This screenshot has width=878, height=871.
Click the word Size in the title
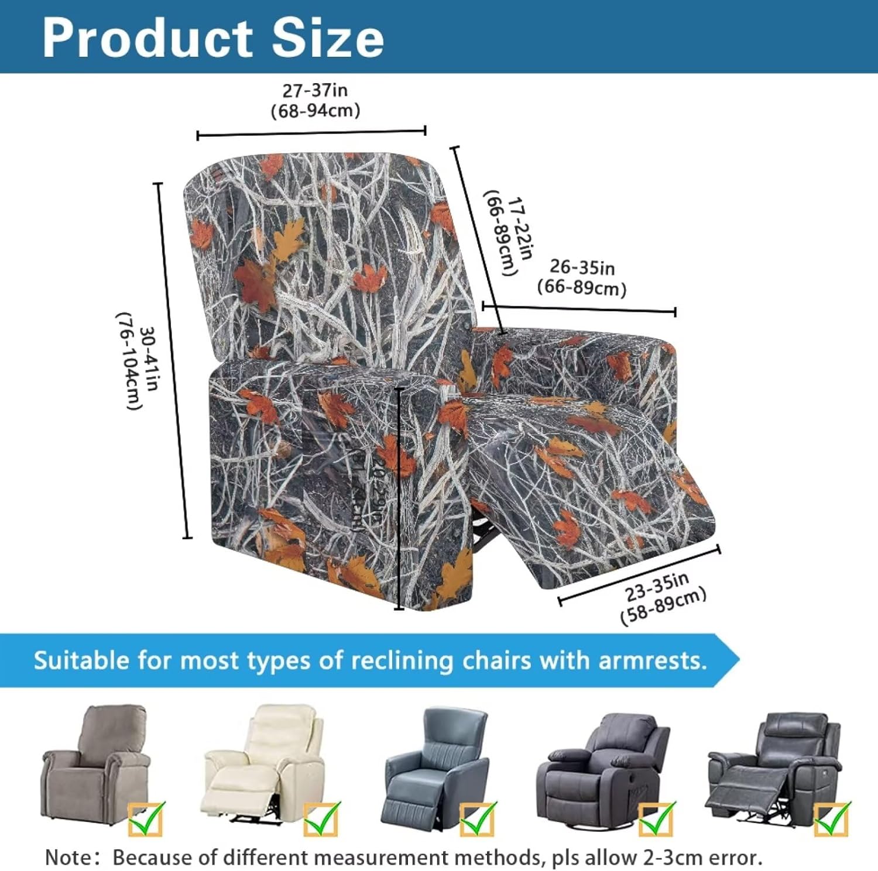pos(328,39)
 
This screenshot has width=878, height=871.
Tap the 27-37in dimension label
pos(315,91)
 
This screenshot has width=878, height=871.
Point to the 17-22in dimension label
pos(520,228)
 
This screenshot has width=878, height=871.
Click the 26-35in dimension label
pos(582,267)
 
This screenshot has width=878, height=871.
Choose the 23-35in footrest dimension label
pos(657,587)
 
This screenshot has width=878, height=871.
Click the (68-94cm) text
pos(315,111)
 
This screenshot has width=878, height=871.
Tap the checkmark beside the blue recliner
pos(477,819)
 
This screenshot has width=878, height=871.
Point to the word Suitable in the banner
pos(81,661)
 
